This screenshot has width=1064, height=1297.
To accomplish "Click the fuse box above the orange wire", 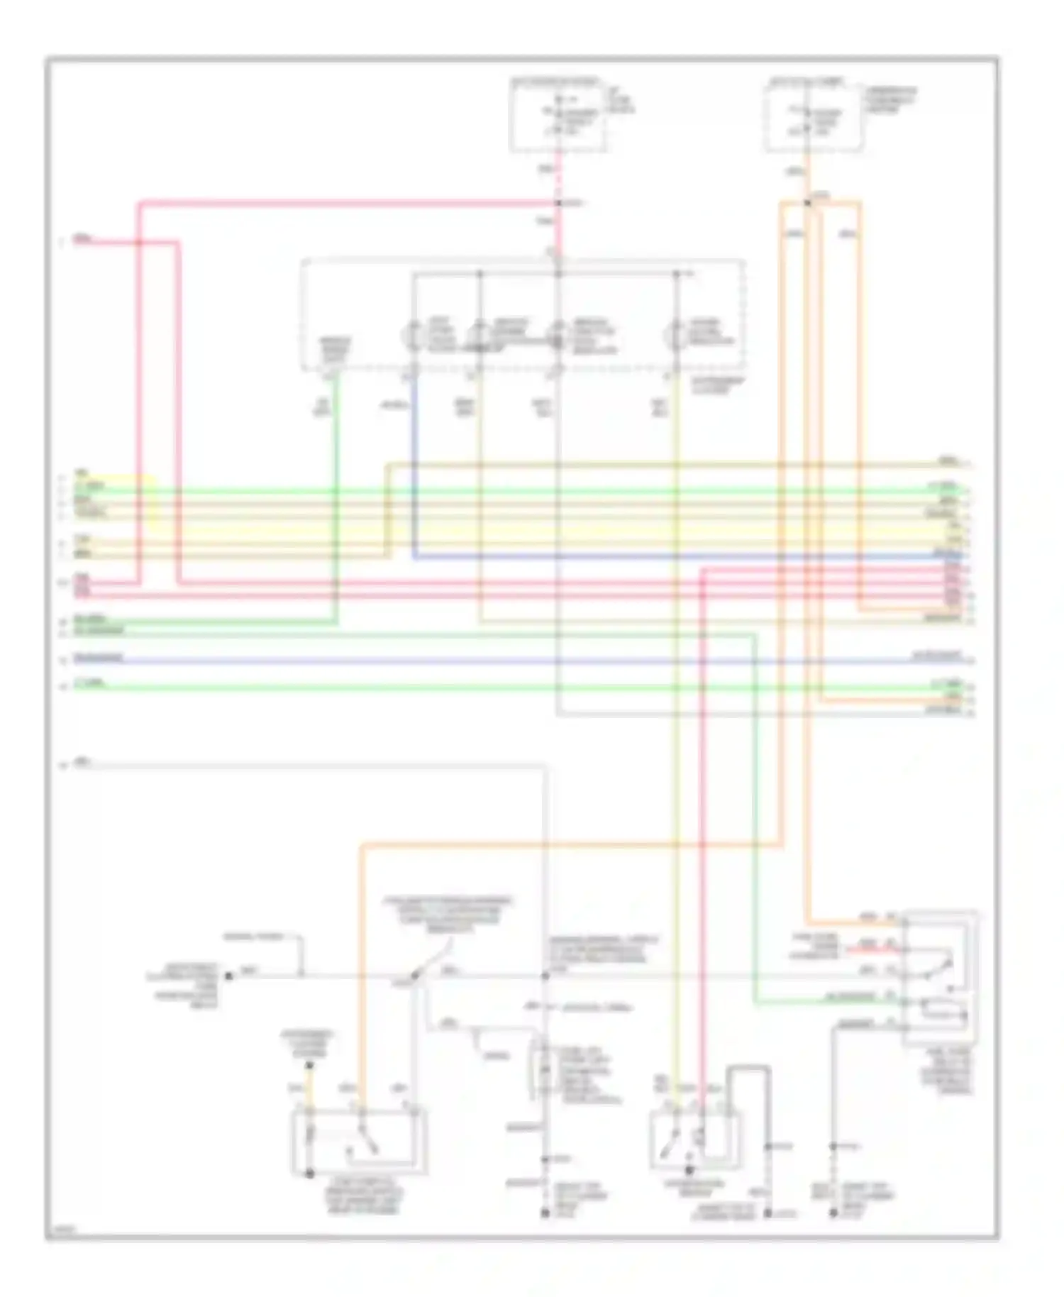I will pyautogui.click(x=814, y=118).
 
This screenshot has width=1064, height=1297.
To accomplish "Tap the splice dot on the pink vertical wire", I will pyautogui.click(x=559, y=204).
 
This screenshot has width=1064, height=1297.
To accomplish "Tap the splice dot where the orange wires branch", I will pyautogui.click(x=808, y=204).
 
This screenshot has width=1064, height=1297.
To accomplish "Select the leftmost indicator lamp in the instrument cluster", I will pyautogui.click(x=413, y=335).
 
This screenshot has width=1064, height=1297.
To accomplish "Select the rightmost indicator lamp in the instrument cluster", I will pyautogui.click(x=676, y=335).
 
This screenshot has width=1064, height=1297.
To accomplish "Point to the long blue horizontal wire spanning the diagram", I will pyautogui.click(x=497, y=661).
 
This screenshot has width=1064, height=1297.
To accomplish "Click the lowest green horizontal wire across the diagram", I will pyautogui.click(x=497, y=687).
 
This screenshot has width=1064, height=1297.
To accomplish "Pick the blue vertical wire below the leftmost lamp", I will pyautogui.click(x=414, y=461).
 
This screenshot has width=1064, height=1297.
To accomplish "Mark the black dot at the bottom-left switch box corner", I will pyautogui.click(x=309, y=1174).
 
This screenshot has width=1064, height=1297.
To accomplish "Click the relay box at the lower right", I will pyautogui.click(x=941, y=979).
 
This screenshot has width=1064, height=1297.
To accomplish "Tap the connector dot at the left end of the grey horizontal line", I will pyautogui.click(x=228, y=976).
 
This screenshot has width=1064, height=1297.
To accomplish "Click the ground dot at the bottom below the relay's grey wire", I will pyautogui.click(x=834, y=1214).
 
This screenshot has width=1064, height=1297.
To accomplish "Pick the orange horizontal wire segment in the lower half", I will pyautogui.click(x=567, y=845).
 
